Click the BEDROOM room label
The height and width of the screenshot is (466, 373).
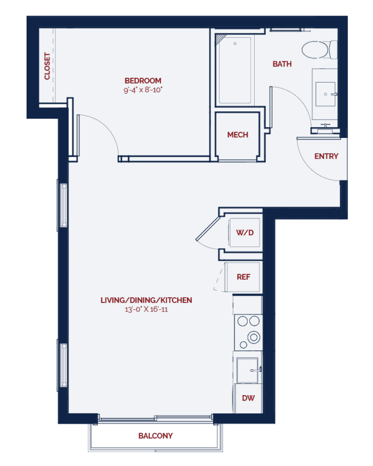[x=143, y=80]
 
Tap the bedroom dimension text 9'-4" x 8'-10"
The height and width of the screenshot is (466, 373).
[x=143, y=90]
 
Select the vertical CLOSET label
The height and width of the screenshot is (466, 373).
[x=47, y=66]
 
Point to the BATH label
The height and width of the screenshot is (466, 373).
[x=282, y=64]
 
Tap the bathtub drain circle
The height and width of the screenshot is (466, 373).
[x=235, y=44]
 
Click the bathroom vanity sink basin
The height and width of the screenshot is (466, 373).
[x=326, y=94]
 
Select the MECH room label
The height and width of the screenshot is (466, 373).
[x=237, y=135]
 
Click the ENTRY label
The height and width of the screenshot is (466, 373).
[x=326, y=157]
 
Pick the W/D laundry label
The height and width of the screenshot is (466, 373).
[x=245, y=232]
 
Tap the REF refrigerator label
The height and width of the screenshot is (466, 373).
[x=244, y=277]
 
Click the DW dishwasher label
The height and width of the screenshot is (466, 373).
[x=248, y=398]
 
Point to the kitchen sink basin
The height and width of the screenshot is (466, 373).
[x=247, y=370]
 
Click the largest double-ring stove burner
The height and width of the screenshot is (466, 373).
[x=254, y=337]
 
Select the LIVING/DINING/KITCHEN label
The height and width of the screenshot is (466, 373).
[x=146, y=300]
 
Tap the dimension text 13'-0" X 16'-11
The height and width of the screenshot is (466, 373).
[x=146, y=309]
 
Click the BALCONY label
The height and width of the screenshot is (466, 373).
[x=155, y=436]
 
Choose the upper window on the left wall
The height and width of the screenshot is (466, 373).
[x=63, y=205]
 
